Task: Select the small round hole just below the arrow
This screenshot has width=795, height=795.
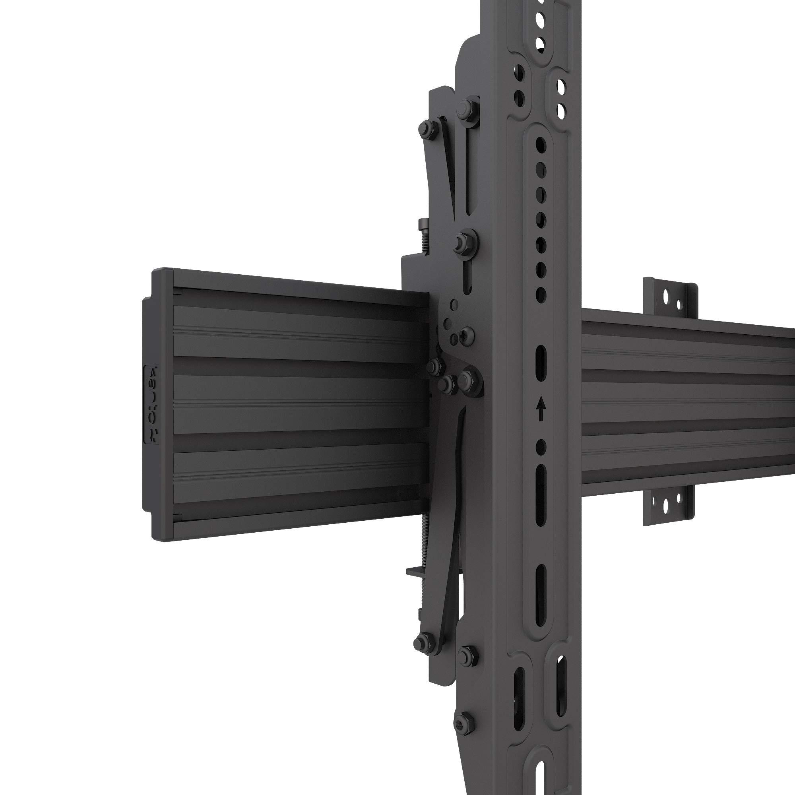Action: tap(541, 446)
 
